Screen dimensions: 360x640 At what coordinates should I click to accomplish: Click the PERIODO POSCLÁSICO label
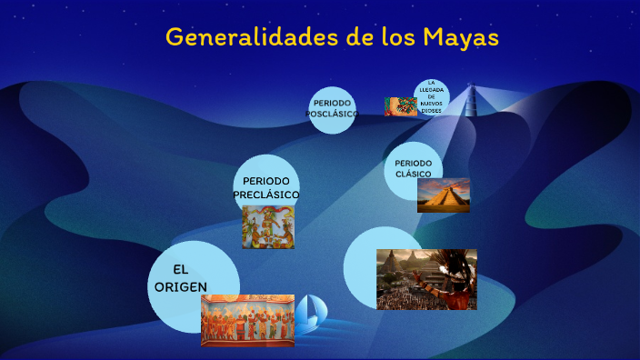click(332, 108)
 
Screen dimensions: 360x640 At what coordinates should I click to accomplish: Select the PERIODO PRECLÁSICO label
click(265, 187)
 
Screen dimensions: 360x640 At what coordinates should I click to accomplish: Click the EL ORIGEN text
click(180, 278)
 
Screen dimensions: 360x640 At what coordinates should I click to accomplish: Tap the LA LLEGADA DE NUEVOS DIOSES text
click(433, 96)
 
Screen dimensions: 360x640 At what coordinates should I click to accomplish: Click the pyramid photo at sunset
click(443, 195)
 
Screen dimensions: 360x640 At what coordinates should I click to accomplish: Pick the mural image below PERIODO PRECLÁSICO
click(267, 227)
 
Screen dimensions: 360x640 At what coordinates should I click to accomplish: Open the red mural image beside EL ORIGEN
click(247, 320)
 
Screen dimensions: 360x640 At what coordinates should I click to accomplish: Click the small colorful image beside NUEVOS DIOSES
click(400, 106)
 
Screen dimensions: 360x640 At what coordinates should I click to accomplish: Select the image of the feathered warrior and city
click(426, 279)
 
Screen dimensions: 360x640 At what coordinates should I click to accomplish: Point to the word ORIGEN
click(181, 286)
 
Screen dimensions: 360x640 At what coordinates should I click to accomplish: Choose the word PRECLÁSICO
click(265, 195)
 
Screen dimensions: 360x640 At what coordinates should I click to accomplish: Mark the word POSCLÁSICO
click(332, 114)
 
